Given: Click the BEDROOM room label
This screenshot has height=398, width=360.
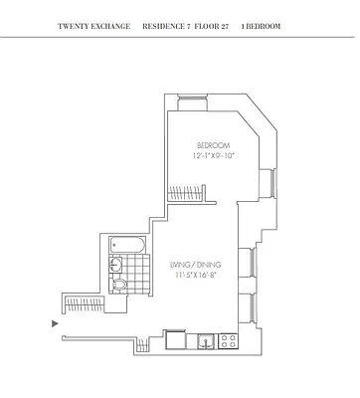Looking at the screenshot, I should pyautogui.click(x=213, y=142).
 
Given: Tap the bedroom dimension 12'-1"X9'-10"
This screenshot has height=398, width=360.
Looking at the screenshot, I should pyautogui.click(x=213, y=155).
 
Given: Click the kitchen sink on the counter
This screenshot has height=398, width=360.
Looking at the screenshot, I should pyautogui.click(x=204, y=341).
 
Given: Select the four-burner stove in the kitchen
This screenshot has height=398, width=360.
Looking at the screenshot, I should pyautogui.click(x=227, y=340).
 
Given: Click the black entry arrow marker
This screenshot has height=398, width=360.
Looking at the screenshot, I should pyautogui.click(x=55, y=322).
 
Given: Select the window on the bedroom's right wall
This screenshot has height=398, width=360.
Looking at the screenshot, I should pyautogui.click(x=267, y=183).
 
